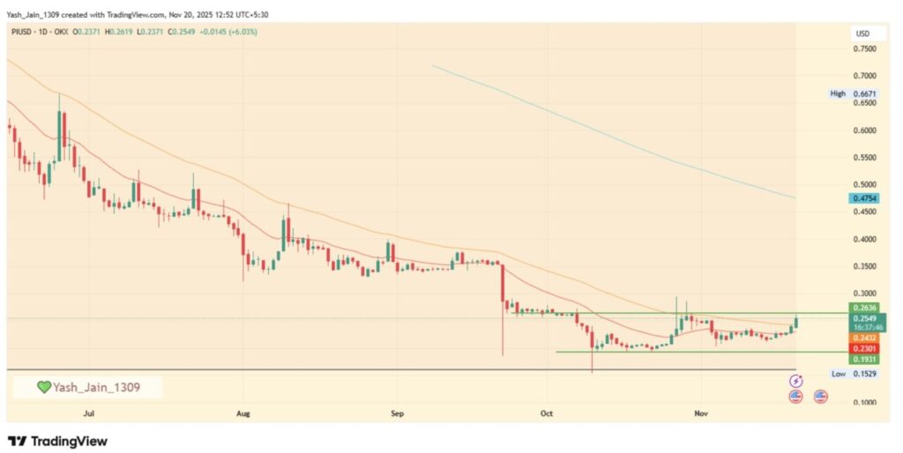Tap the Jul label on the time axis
(88, 412)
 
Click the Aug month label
(244, 412)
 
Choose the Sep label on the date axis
(397, 412)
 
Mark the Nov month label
(702, 412)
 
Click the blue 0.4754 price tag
(863, 199)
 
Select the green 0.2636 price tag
(863, 307)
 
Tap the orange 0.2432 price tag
(863, 338)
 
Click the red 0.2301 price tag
(863, 348)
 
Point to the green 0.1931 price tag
(863, 360)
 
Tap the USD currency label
(862, 33)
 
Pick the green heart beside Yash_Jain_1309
(43, 387)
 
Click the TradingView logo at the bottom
(57, 440)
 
